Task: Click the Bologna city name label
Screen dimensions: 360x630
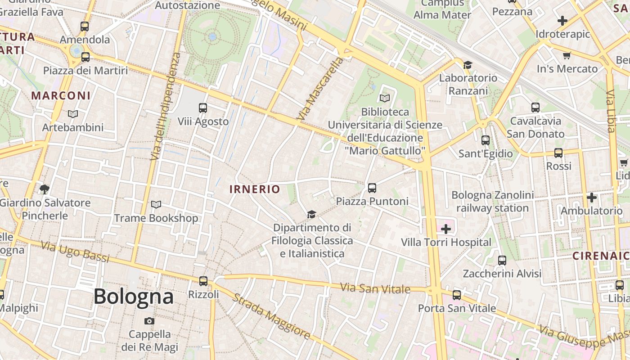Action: (133, 297)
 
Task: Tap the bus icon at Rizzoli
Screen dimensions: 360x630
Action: (203, 281)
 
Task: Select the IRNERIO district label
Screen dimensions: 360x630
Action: (255, 189)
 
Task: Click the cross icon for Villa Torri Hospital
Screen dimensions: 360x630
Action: (446, 229)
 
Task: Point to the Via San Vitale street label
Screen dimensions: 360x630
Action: (375, 288)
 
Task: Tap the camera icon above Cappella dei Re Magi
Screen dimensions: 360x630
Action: (149, 321)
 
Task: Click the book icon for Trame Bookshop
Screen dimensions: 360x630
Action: (156, 205)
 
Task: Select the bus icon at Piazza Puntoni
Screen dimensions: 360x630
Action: (372, 188)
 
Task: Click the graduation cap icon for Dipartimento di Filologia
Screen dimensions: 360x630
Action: (311, 214)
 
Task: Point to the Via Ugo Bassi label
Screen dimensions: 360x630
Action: (75, 252)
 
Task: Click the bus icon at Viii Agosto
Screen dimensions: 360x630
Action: (203, 108)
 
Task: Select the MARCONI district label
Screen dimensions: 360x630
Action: (61, 95)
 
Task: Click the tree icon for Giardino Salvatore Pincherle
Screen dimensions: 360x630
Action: (44, 189)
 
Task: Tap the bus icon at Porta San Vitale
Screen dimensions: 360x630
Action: (457, 295)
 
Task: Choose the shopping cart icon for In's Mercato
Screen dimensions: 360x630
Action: (567, 55)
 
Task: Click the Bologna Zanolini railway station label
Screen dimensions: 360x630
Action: (492, 202)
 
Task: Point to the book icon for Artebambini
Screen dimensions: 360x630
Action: (73, 114)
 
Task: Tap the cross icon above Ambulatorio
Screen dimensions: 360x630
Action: (592, 198)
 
